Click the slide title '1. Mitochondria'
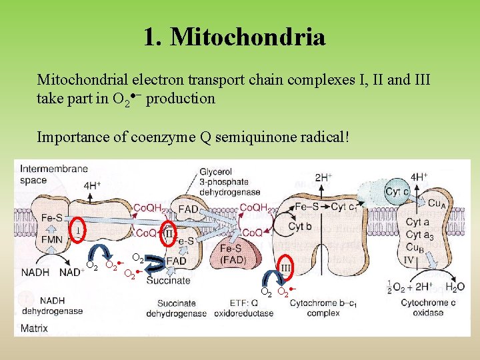234,37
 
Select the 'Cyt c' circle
397,191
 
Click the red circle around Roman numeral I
79,229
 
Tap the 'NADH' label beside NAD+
35,272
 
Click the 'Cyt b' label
300,226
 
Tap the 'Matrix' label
34,328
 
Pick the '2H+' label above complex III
323,177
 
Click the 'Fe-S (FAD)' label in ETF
233,253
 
